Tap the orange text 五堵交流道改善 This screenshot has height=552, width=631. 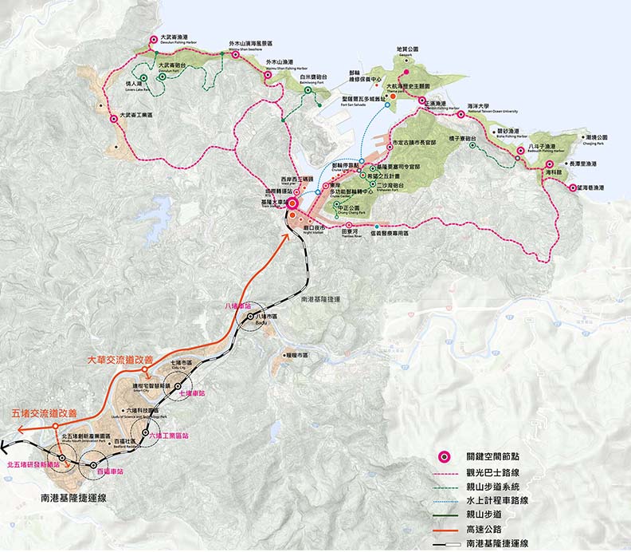pyautogui.click(x=45, y=413)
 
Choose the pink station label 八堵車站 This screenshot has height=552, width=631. pyautogui.click(x=237, y=306)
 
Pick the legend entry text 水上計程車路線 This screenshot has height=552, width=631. pyautogui.click(x=498, y=500)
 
